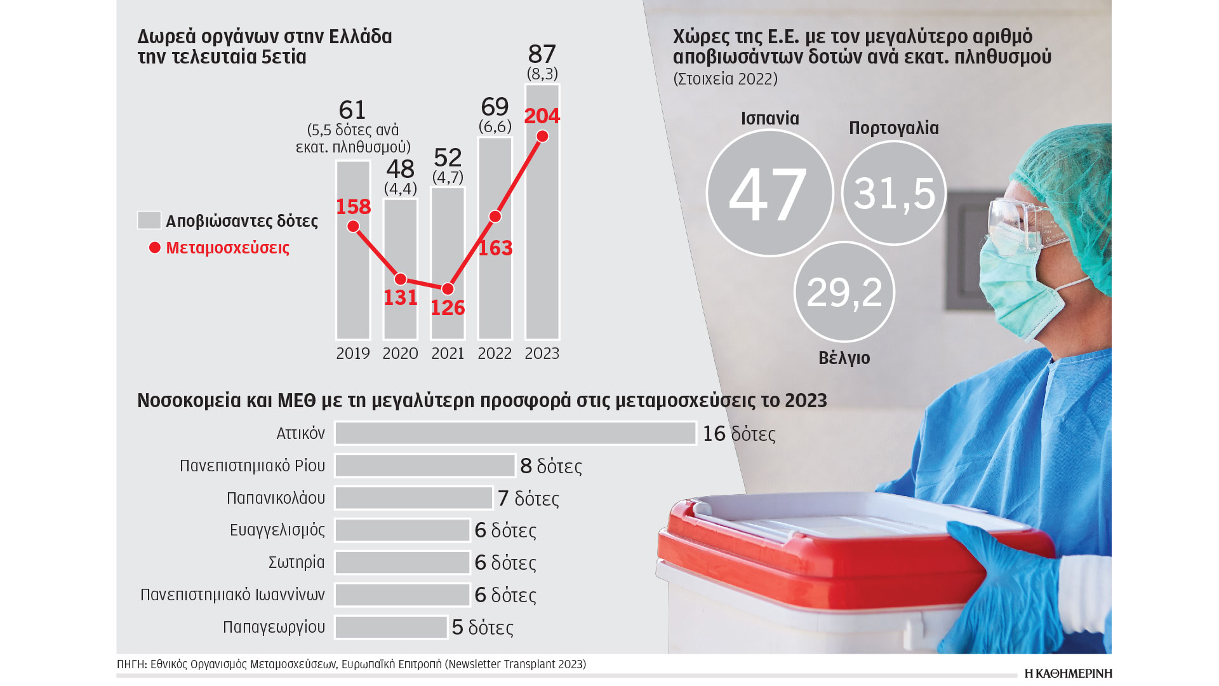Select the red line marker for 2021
(448, 289)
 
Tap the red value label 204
(542, 116)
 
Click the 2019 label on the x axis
(353, 354)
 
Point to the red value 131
(401, 297)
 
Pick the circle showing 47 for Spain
(769, 193)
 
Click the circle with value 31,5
(894, 193)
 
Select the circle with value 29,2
(844, 292)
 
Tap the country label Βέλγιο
(844, 358)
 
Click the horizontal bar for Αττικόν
(515, 433)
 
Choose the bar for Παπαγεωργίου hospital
(391, 627)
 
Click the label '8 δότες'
(550, 466)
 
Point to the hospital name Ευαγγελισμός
(277, 530)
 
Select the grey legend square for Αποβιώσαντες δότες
(149, 220)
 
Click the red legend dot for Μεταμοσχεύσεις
(154, 248)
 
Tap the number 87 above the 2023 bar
(542, 55)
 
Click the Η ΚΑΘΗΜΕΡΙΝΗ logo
(1068, 673)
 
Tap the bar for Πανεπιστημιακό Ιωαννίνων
(403, 595)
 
